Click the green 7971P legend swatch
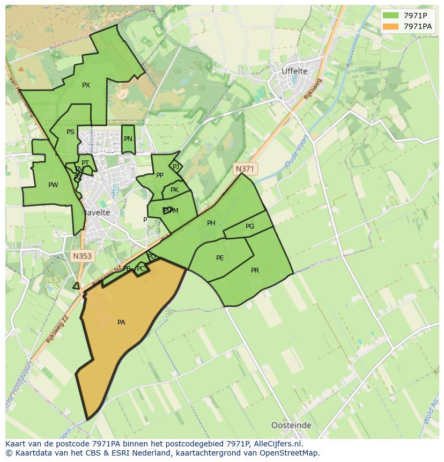tap(390, 16)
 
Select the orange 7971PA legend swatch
tap(390, 26)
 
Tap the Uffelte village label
tap(294, 71)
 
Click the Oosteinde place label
tap(291, 425)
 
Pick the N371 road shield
tap(245, 168)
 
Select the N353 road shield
tap(82, 256)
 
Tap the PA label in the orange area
tap(121, 322)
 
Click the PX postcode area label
tap(86, 85)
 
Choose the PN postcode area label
tap(128, 139)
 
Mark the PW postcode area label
tap(53, 185)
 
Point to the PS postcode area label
tap(70, 132)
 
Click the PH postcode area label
tap(211, 223)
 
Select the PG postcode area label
tap(250, 226)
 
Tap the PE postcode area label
tap(220, 258)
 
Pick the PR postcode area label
tap(255, 270)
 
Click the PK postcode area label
tap(174, 190)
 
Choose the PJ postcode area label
tap(176, 167)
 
